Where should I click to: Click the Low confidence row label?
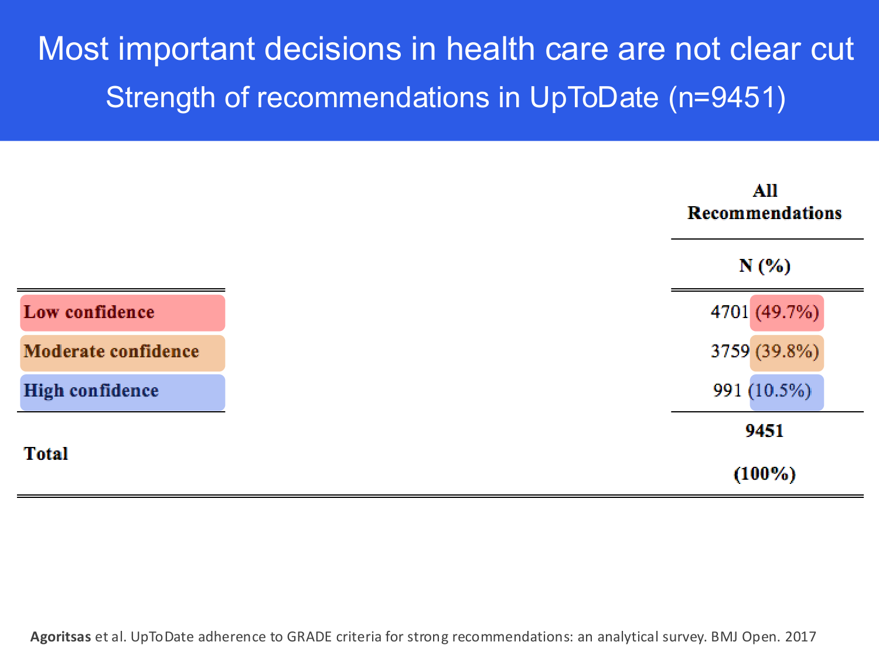click(x=89, y=312)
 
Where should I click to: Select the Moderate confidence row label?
click(x=111, y=351)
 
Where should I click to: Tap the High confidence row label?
click(x=91, y=391)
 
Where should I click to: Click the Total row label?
click(x=46, y=453)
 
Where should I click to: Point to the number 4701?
click(x=729, y=312)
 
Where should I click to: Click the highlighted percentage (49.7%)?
click(x=786, y=312)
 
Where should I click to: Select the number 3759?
click(x=730, y=351)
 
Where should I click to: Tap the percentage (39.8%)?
click(x=786, y=351)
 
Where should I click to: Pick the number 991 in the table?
click(x=727, y=391)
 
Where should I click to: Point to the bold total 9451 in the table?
click(x=764, y=431)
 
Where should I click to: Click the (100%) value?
click(x=764, y=474)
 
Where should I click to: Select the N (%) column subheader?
click(x=764, y=266)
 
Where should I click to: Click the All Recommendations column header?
click(x=764, y=202)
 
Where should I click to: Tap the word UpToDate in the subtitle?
click(x=594, y=98)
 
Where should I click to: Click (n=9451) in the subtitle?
click(x=727, y=98)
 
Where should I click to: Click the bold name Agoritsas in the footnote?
click(x=60, y=637)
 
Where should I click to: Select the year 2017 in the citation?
click(x=800, y=637)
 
